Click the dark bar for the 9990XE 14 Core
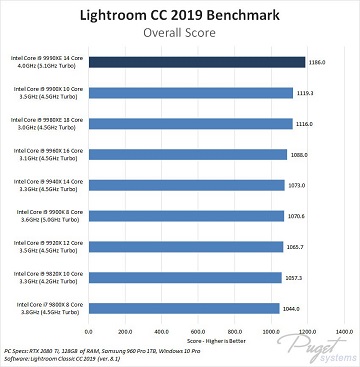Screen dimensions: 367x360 pos(197,62)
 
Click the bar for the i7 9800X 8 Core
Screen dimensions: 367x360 pos(184,309)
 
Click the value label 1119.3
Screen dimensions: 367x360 pos(307,93)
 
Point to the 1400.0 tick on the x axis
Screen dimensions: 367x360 pos(345,330)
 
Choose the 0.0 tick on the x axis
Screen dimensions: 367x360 pos(89,330)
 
